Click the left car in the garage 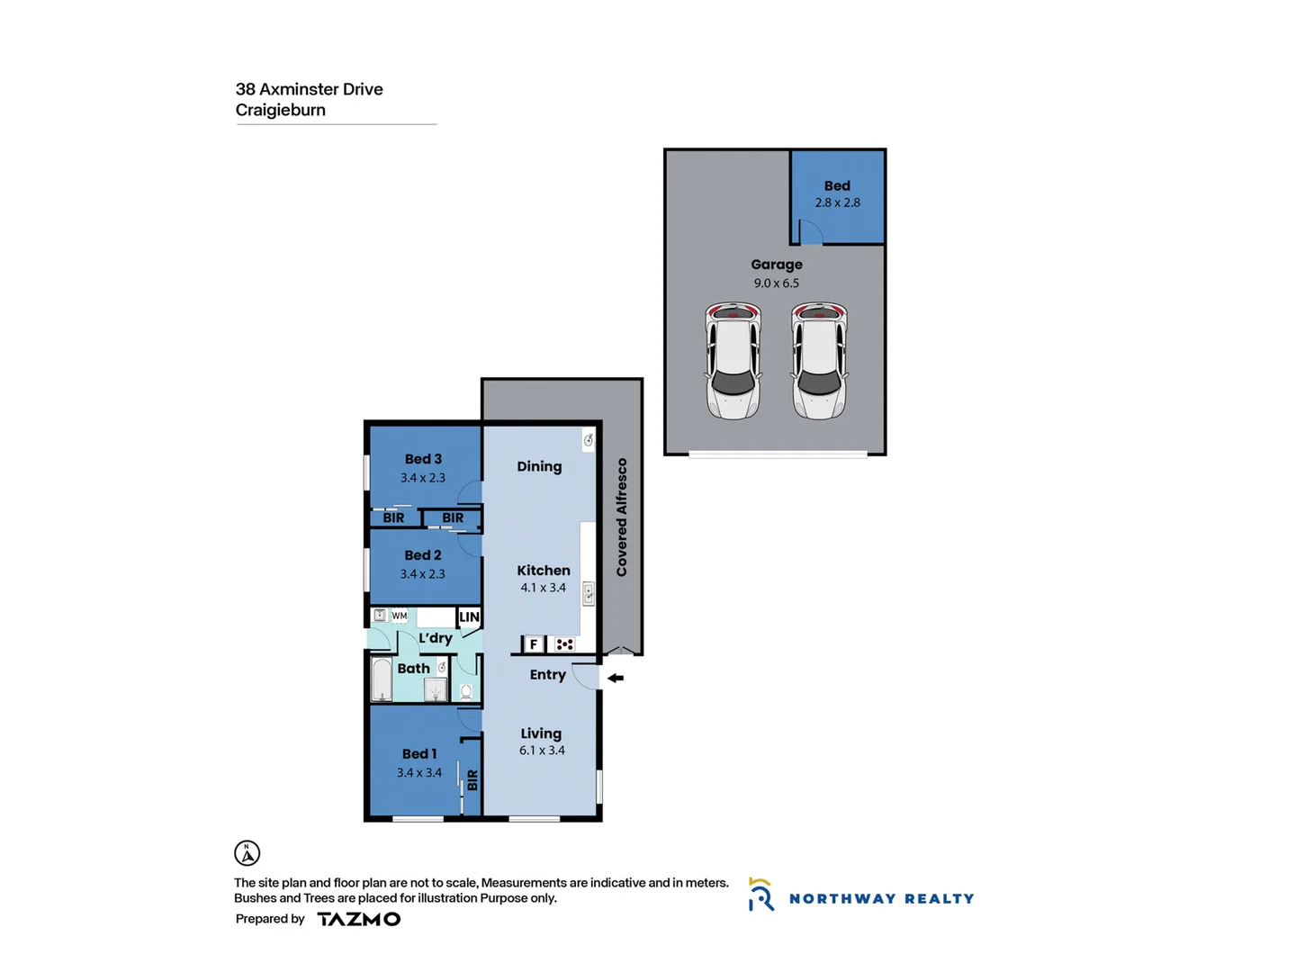pyautogui.click(x=733, y=361)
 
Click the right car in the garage pyautogui.click(x=819, y=361)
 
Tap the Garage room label pyautogui.click(x=777, y=265)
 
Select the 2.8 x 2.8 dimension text pyautogui.click(x=837, y=202)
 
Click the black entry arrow pyautogui.click(x=616, y=678)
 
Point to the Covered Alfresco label pyautogui.click(x=622, y=517)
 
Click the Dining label pyautogui.click(x=539, y=466)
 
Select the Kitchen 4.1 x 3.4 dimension pyautogui.click(x=543, y=588)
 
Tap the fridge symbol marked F pyautogui.click(x=534, y=644)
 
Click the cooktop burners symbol pyautogui.click(x=564, y=644)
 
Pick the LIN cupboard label pyautogui.click(x=469, y=617)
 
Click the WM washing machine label pyautogui.click(x=399, y=616)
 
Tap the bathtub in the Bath pyautogui.click(x=382, y=680)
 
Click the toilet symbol pyautogui.click(x=466, y=691)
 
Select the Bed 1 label pyautogui.click(x=419, y=754)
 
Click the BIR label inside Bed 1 pyautogui.click(x=472, y=780)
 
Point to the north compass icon pyautogui.click(x=247, y=852)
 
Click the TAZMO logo pyautogui.click(x=358, y=919)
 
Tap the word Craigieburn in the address pyautogui.click(x=281, y=110)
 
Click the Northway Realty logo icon pyautogui.click(x=760, y=895)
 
